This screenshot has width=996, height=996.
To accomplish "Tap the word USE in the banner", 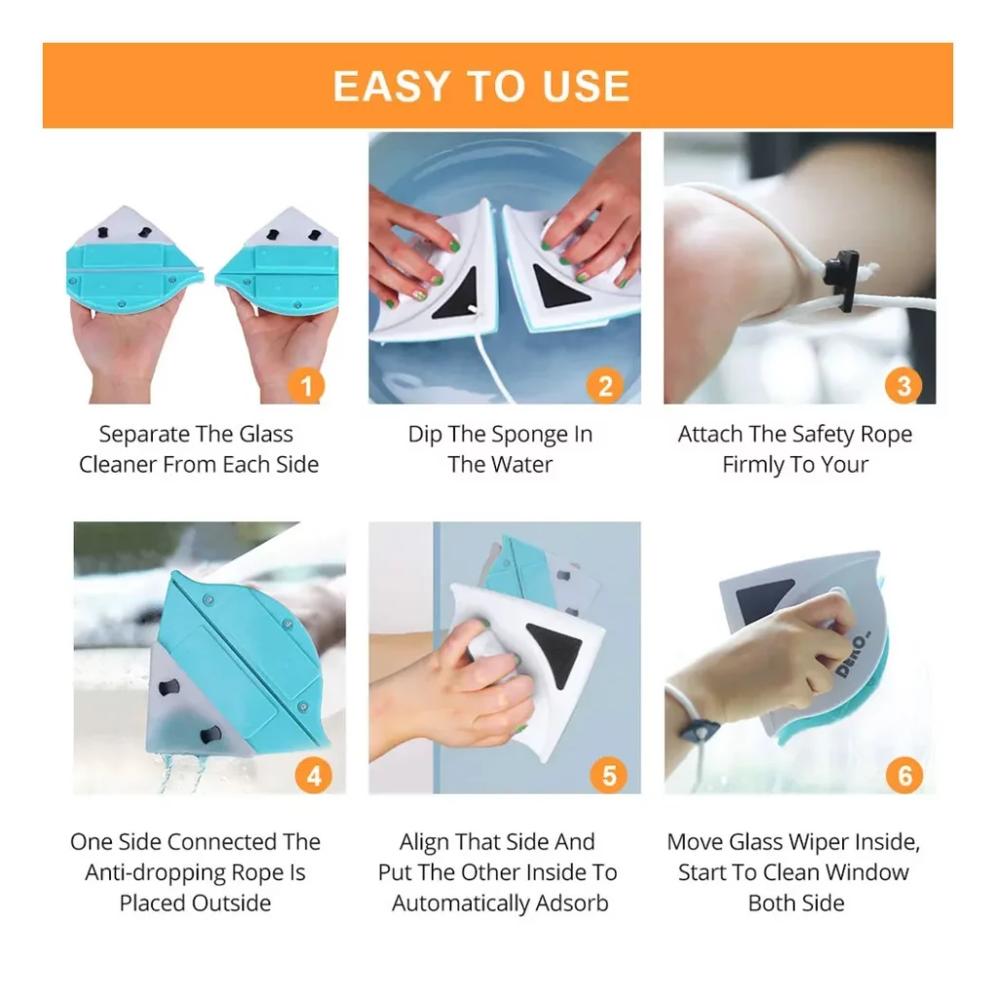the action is (x=586, y=87).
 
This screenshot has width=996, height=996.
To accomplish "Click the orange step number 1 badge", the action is (x=306, y=385).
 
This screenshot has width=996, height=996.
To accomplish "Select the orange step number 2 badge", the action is (x=605, y=385).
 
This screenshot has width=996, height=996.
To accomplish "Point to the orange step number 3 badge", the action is (x=904, y=385).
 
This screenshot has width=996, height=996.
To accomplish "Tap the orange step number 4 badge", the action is (x=314, y=775).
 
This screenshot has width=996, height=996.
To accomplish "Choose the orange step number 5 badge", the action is (x=609, y=775).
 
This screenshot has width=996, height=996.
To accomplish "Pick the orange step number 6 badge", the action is (x=905, y=775).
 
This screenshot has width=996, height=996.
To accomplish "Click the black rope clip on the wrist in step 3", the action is (x=843, y=279).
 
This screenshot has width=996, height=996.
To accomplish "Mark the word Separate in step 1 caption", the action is (x=144, y=435).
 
